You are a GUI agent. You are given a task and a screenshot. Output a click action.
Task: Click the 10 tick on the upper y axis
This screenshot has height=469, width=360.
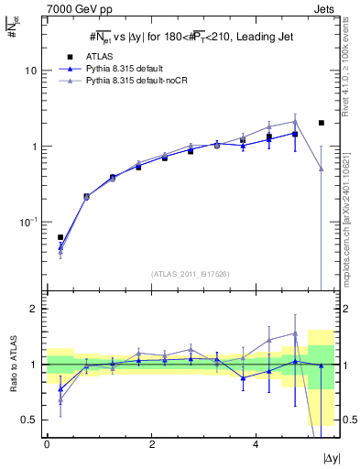(x=33, y=71)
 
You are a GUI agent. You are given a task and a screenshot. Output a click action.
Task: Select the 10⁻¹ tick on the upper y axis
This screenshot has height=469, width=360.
(x=29, y=222)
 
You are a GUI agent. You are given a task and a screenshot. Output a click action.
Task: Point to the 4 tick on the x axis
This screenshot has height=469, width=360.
(x=256, y=445)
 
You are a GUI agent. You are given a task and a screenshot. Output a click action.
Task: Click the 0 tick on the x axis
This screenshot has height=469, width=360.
(x=47, y=445)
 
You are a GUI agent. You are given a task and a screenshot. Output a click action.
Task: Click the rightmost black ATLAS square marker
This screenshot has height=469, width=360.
(x=322, y=123)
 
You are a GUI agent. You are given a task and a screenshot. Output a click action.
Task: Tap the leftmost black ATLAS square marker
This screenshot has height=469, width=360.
(x=60, y=237)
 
